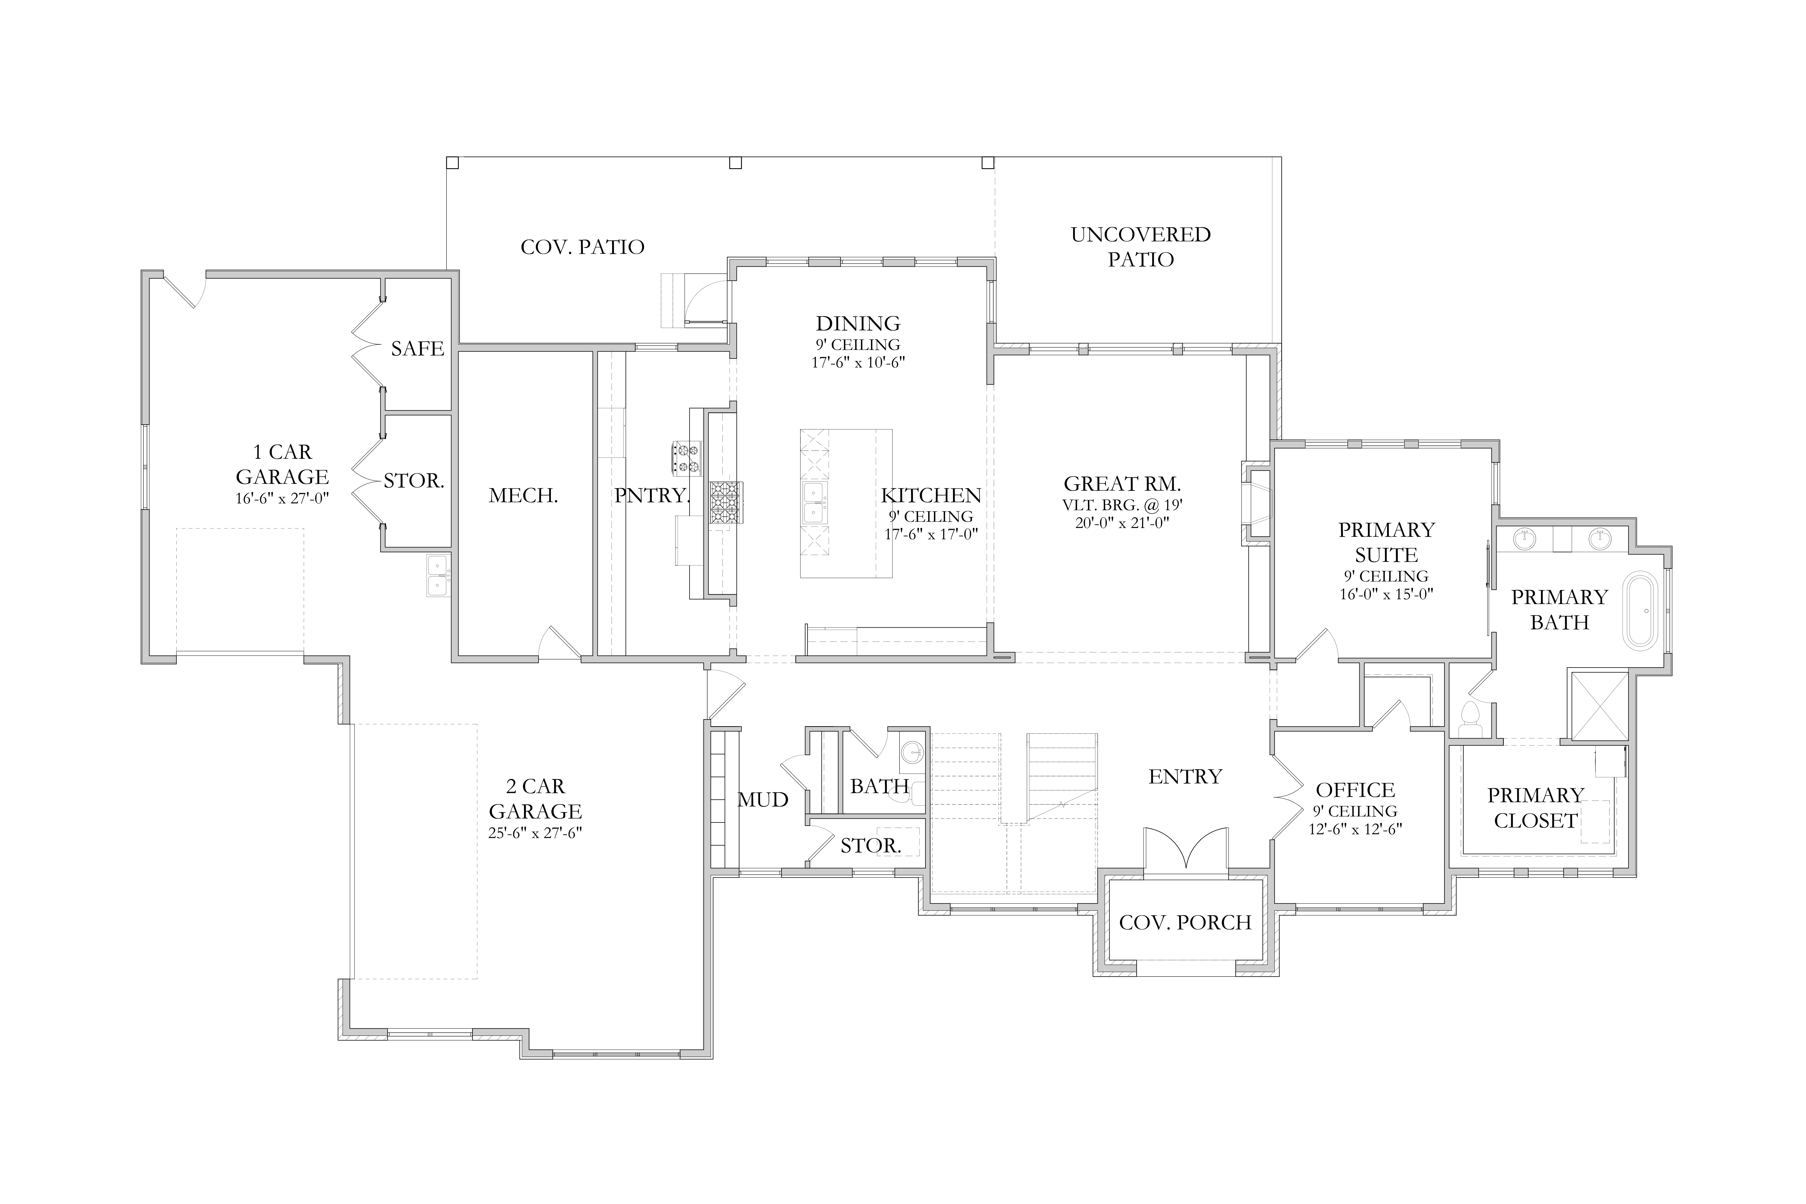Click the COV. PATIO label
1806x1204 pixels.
point(582,247)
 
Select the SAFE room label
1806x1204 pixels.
point(417,349)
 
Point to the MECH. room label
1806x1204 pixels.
point(523,496)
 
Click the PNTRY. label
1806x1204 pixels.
point(652,496)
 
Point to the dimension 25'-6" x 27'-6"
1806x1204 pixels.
point(535,833)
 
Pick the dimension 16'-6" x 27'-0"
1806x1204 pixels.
point(282,498)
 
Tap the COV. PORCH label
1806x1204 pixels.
point(1186,922)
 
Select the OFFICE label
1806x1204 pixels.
point(1355,790)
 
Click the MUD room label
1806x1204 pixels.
point(763,800)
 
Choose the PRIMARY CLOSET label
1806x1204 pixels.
point(1536,808)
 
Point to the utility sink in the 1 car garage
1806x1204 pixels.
point(438,576)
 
